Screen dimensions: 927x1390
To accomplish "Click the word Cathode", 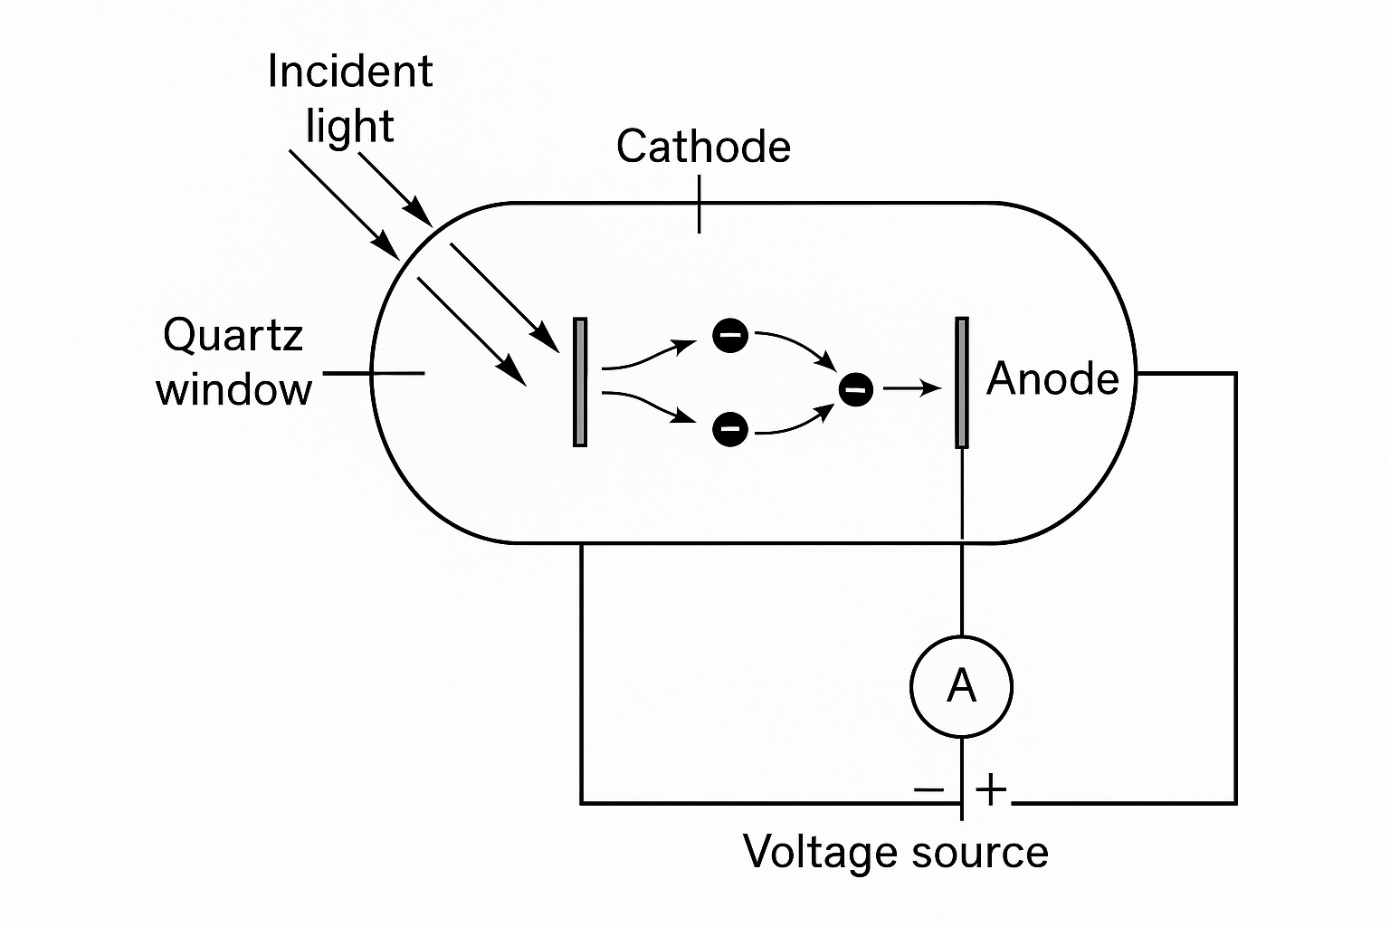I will [703, 147].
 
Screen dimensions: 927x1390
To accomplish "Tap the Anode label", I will [1052, 378].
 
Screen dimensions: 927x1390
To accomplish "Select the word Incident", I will [350, 72].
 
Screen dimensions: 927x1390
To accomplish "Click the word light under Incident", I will [349, 127].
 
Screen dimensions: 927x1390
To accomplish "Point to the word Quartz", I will [233, 336].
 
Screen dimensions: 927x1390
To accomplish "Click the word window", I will [233, 390].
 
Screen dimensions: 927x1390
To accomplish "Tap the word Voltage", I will [821, 852].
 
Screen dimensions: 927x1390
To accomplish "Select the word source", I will [980, 853].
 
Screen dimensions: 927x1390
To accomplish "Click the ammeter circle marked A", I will [961, 686].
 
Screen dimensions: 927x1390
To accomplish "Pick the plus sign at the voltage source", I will [991, 788].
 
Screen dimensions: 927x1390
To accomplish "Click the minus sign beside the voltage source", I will [928, 788].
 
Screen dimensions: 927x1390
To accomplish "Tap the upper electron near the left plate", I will [730, 336].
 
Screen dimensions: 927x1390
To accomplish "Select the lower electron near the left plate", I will [730, 428].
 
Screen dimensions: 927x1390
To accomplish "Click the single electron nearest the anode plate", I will [855, 390].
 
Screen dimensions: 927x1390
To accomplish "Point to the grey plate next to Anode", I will [961, 382].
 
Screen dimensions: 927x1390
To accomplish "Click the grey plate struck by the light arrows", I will [580, 382].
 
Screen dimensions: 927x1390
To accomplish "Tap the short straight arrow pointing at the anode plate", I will [912, 389].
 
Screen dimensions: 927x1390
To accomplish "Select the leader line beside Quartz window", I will [373, 373].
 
